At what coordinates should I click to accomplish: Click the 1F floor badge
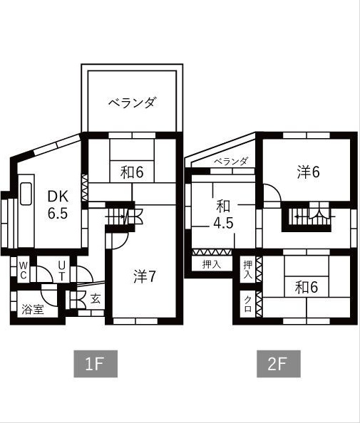coord(95,364)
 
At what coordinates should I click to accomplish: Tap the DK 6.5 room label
coord(58,204)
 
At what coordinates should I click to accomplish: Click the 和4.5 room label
coord(223,214)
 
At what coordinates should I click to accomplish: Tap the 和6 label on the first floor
coord(132,172)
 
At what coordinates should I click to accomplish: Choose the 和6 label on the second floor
coord(307,287)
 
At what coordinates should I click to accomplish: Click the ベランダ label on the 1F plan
coord(132,103)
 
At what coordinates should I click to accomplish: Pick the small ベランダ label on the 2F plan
coord(231,161)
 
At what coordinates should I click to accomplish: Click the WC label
coord(23,270)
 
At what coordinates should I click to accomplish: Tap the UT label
coord(62,270)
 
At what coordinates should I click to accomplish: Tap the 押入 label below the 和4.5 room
coord(212,265)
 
